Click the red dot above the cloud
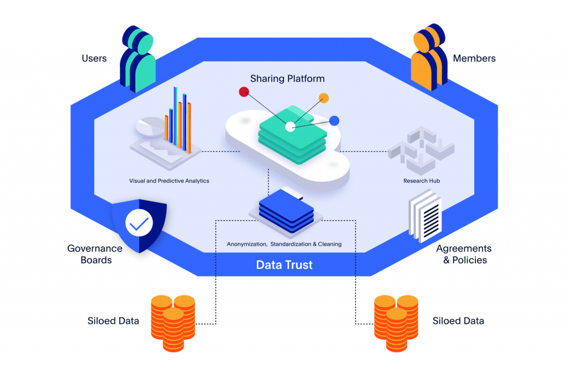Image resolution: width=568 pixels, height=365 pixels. (x=244, y=92)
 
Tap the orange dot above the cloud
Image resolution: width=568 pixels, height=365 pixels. (x=323, y=98)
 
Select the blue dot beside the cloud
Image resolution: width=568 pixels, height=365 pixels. (x=334, y=121)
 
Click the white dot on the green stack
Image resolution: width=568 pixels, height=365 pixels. (x=290, y=127)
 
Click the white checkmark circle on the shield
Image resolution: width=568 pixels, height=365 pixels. (x=139, y=223)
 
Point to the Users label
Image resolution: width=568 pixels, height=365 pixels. (x=94, y=58)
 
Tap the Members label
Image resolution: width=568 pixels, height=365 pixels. (x=474, y=58)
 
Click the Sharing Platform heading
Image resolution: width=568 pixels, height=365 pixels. (x=287, y=79)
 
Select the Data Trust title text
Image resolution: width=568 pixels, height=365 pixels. (x=285, y=265)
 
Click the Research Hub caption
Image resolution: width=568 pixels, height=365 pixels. (x=422, y=181)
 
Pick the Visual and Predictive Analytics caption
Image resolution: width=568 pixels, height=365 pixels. (x=169, y=181)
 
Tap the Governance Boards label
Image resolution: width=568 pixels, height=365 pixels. (x=95, y=254)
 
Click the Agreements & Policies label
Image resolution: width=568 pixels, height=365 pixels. (x=464, y=254)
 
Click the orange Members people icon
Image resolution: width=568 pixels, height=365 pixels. (x=429, y=57)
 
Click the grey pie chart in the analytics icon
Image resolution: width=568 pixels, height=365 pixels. (x=150, y=126)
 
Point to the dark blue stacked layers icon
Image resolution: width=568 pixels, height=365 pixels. (x=286, y=212)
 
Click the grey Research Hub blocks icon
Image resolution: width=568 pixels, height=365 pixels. (x=422, y=150)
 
